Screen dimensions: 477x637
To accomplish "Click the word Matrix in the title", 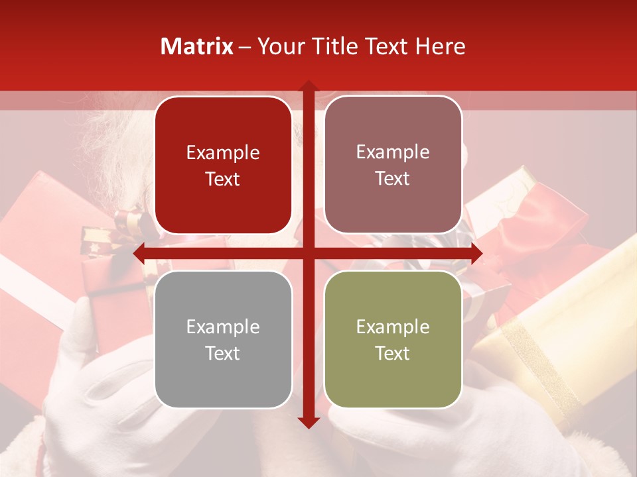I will coord(197,46).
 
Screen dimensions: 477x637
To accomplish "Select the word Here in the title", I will coord(441,46).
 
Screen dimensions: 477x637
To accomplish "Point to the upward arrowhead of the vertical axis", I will coord(308,86).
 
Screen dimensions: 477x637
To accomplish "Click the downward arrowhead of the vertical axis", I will coord(308,423).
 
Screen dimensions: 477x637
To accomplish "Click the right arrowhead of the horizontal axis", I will coord(476,254).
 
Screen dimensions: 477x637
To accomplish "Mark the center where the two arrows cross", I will coord(308,254).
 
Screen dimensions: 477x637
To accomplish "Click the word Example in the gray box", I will coord(223,327).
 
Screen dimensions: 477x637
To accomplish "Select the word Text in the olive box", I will coord(393,353).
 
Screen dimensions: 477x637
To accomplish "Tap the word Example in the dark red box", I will coord(223,152).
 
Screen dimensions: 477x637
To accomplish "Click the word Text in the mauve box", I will coord(393,178).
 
